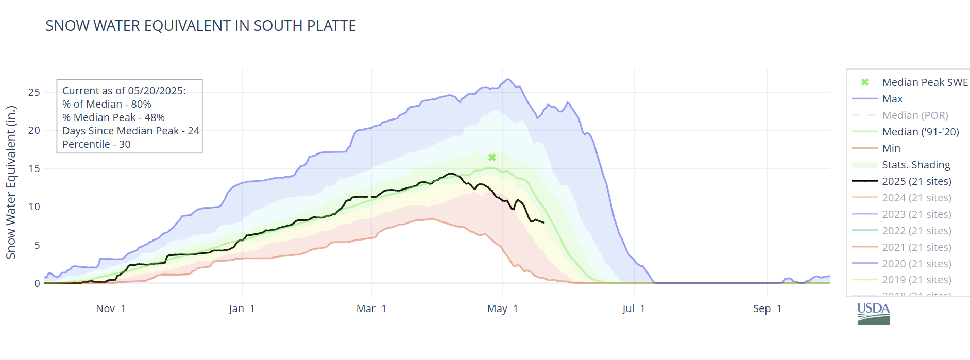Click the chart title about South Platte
coord(200,26)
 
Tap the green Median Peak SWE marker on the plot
coord(492,158)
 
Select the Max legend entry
coord(892,99)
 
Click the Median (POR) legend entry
coord(914,115)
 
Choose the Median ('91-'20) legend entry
coord(920,132)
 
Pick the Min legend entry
coord(891,148)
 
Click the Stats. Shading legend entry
coord(915,165)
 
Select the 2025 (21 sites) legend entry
coord(916,181)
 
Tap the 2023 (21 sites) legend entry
coord(916,214)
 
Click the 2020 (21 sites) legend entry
coord(916,264)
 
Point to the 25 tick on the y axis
coord(34,92)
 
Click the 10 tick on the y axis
coord(34,207)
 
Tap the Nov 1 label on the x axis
coord(111,308)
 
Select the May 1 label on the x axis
coord(502,308)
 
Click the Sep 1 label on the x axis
coord(767,308)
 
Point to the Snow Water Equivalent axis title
coord(11,182)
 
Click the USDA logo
coord(873,314)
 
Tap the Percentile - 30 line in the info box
coord(96,144)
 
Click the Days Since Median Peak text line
coord(130,131)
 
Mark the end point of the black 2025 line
coord(544,222)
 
